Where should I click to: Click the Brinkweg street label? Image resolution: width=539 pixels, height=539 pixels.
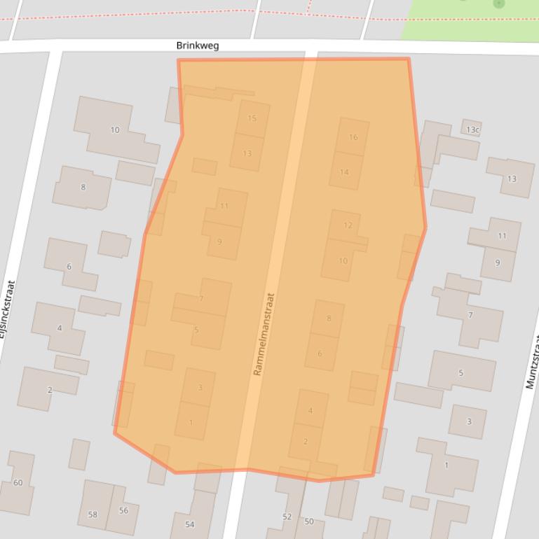[x=198, y=45]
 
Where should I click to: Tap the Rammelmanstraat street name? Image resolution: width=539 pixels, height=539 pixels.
[x=264, y=334]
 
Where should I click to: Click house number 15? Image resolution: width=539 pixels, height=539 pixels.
[x=252, y=118]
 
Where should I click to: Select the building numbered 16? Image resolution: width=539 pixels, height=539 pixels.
[x=353, y=137]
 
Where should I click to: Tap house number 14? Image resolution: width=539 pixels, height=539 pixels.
[x=344, y=172]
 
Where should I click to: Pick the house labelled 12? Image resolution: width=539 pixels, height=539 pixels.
[x=348, y=225]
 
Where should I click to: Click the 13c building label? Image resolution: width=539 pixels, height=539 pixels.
[x=473, y=130]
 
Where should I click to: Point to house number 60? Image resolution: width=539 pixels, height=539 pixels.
[x=18, y=482]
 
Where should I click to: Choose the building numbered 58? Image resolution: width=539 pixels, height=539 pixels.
[x=93, y=514]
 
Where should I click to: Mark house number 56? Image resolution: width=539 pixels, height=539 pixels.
[x=123, y=510]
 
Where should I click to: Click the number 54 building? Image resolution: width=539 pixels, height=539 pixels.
[x=189, y=524]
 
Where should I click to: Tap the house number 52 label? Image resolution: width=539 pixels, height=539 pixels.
[x=287, y=517]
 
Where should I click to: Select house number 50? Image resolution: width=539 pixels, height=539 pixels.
[x=309, y=521]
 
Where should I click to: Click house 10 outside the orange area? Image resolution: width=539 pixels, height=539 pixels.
[x=115, y=130]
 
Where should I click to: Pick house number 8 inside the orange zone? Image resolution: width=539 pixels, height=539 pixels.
[x=329, y=318]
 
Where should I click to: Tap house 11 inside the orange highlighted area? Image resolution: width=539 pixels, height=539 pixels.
[x=224, y=206]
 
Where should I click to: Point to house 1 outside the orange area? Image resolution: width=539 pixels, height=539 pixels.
[x=446, y=465]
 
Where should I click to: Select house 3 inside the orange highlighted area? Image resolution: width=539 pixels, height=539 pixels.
[x=200, y=388]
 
